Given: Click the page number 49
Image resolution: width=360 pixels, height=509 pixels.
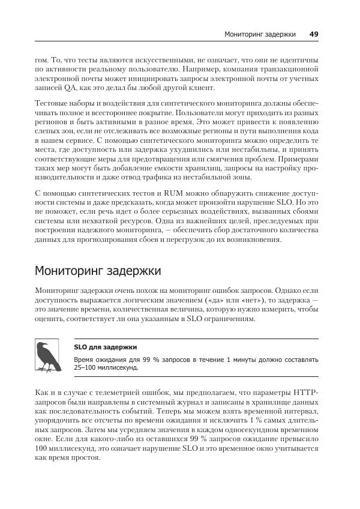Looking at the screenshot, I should [x=314, y=34].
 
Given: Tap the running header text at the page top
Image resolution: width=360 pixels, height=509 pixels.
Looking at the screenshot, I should [x=260, y=34].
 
